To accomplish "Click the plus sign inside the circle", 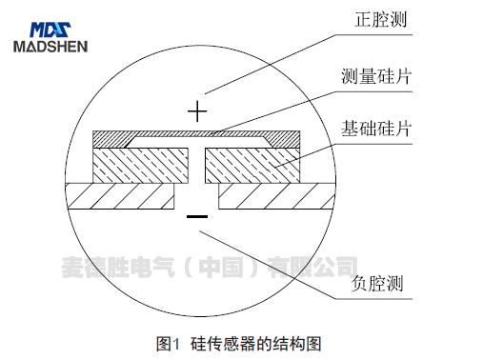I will [x=197, y=111].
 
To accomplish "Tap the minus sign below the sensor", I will [x=197, y=217].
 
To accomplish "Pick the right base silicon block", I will [x=252, y=165].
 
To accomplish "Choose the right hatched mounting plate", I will [x=276, y=196].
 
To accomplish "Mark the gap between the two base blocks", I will [x=196, y=165].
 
